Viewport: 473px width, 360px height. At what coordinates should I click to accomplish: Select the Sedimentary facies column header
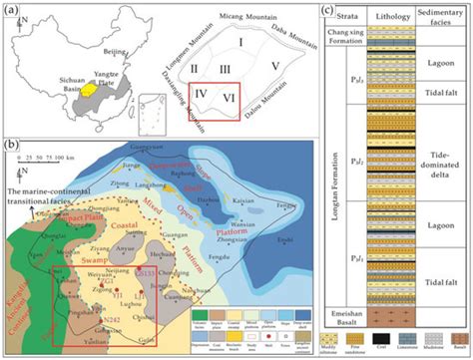439,17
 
